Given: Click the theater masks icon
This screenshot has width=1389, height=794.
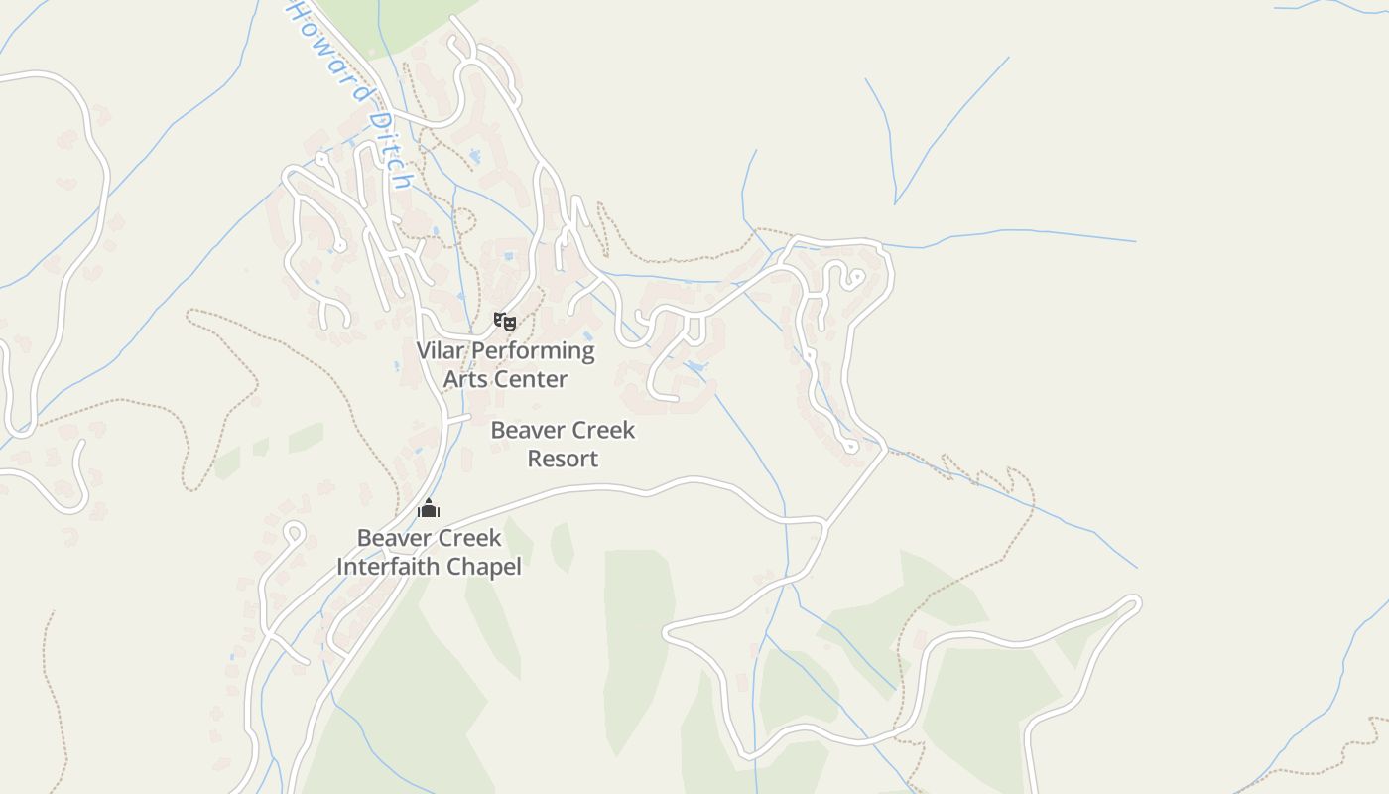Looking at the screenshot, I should (x=505, y=321).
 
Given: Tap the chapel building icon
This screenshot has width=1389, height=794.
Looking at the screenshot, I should (x=429, y=508).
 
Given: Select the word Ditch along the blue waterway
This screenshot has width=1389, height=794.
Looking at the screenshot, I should (x=388, y=150).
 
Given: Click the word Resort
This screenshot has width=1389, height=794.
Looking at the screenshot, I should (x=563, y=459).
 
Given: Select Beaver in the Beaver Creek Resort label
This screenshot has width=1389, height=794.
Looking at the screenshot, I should (x=523, y=431).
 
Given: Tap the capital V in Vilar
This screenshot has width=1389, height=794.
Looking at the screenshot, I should (x=424, y=350).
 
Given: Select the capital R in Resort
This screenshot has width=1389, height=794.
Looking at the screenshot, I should (x=534, y=459).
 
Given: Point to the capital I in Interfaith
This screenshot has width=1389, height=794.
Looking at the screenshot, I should (x=340, y=567).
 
